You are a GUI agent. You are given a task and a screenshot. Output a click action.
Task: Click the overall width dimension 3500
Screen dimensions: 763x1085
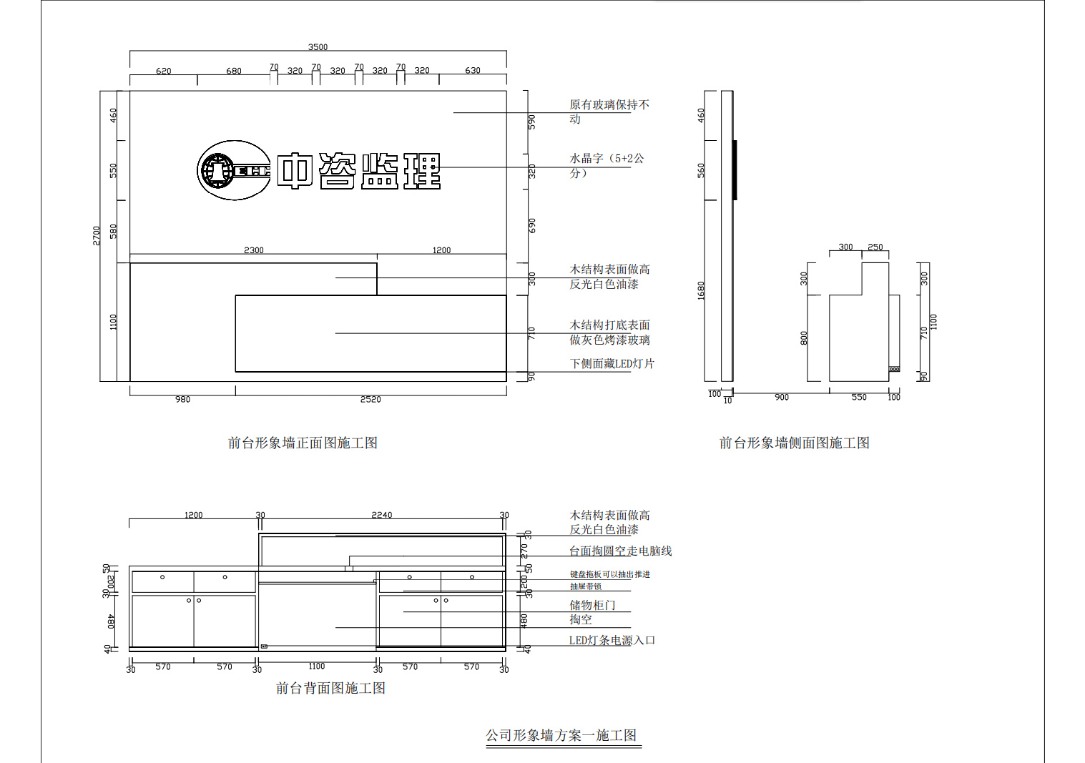coord(318,47)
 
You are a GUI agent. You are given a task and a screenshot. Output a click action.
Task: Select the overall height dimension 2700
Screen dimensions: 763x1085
coord(97,235)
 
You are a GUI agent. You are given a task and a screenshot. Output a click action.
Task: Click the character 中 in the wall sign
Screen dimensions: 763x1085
coord(295,171)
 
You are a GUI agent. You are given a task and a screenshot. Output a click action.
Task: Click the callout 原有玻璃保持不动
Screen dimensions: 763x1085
coord(609,112)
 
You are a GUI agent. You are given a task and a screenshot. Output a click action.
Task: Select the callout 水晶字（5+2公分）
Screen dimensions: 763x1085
coord(607,165)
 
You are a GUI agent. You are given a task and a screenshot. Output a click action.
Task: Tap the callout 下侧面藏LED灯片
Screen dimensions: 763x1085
coord(612,364)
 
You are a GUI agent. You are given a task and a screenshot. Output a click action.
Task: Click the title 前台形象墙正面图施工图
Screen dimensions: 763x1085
coord(303,443)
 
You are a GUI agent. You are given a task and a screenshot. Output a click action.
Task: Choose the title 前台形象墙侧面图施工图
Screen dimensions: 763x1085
coord(794,443)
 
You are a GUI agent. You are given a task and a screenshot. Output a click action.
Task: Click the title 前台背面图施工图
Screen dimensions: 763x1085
coord(330,689)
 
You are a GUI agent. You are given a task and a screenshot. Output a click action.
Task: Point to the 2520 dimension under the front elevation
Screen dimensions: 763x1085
coord(370,400)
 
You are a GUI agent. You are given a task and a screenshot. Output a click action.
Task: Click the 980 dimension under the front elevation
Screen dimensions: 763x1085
coord(182,400)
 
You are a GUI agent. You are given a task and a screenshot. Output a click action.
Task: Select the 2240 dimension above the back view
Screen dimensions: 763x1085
coord(381,515)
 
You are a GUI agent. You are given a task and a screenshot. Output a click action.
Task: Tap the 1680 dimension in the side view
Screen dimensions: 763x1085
coord(701,290)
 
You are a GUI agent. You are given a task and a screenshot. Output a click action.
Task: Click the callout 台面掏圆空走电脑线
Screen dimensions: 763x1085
coord(620,551)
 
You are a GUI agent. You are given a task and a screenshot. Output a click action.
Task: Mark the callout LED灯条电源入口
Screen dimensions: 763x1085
coord(612,641)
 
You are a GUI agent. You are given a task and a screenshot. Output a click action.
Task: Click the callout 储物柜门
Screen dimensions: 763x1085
coord(592,606)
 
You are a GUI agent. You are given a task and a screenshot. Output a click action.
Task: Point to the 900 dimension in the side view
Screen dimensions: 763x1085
coord(782,398)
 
